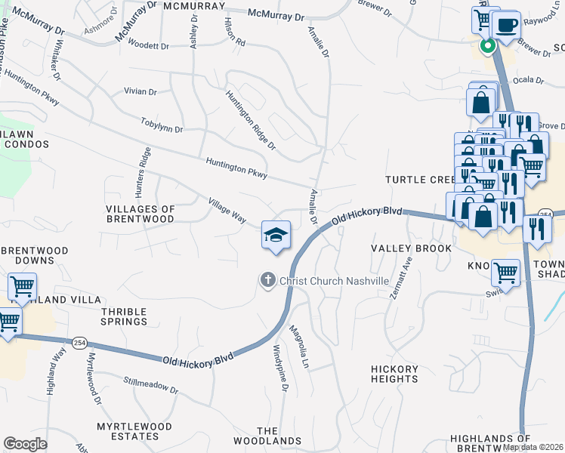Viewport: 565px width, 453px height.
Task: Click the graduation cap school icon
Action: click(276, 236)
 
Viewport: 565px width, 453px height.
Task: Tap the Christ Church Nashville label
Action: click(334, 281)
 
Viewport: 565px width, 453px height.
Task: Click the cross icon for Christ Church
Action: click(267, 281)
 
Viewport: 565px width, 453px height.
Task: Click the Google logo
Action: click(26, 444)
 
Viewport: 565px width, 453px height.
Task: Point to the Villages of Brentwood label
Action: click(140, 214)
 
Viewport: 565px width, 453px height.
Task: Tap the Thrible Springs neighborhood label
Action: click(124, 316)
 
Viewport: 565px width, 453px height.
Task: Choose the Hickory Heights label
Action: click(394, 374)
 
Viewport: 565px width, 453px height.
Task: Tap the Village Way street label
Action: click(227, 210)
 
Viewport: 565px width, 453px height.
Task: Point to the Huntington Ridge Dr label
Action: click(251, 119)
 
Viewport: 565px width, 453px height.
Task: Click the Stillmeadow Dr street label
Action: click(150, 387)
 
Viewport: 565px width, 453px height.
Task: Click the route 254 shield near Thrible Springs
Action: click(79, 343)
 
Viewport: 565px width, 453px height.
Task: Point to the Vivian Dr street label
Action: click(140, 91)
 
